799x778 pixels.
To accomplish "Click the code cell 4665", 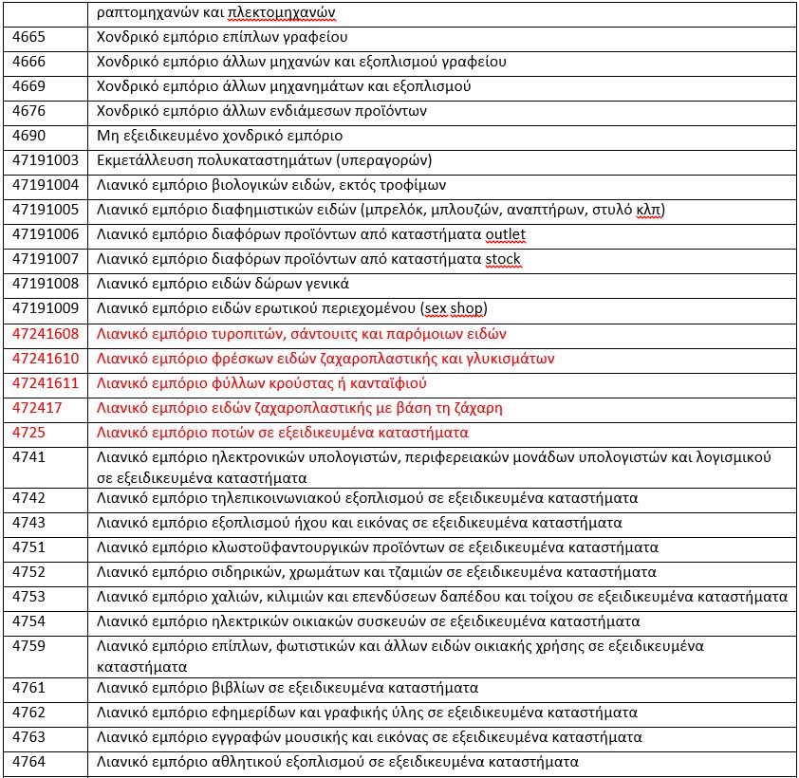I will point(28,38).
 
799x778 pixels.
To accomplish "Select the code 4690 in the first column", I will point(28,136).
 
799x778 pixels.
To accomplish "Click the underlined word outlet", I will point(505,234).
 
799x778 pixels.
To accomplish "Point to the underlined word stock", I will point(502,259).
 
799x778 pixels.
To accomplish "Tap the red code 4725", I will point(28,433).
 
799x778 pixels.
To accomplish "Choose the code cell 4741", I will point(28,457).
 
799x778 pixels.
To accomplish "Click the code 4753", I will point(28,597).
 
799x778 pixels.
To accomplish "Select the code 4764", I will point(28,762).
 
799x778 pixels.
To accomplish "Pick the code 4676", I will point(28,111).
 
